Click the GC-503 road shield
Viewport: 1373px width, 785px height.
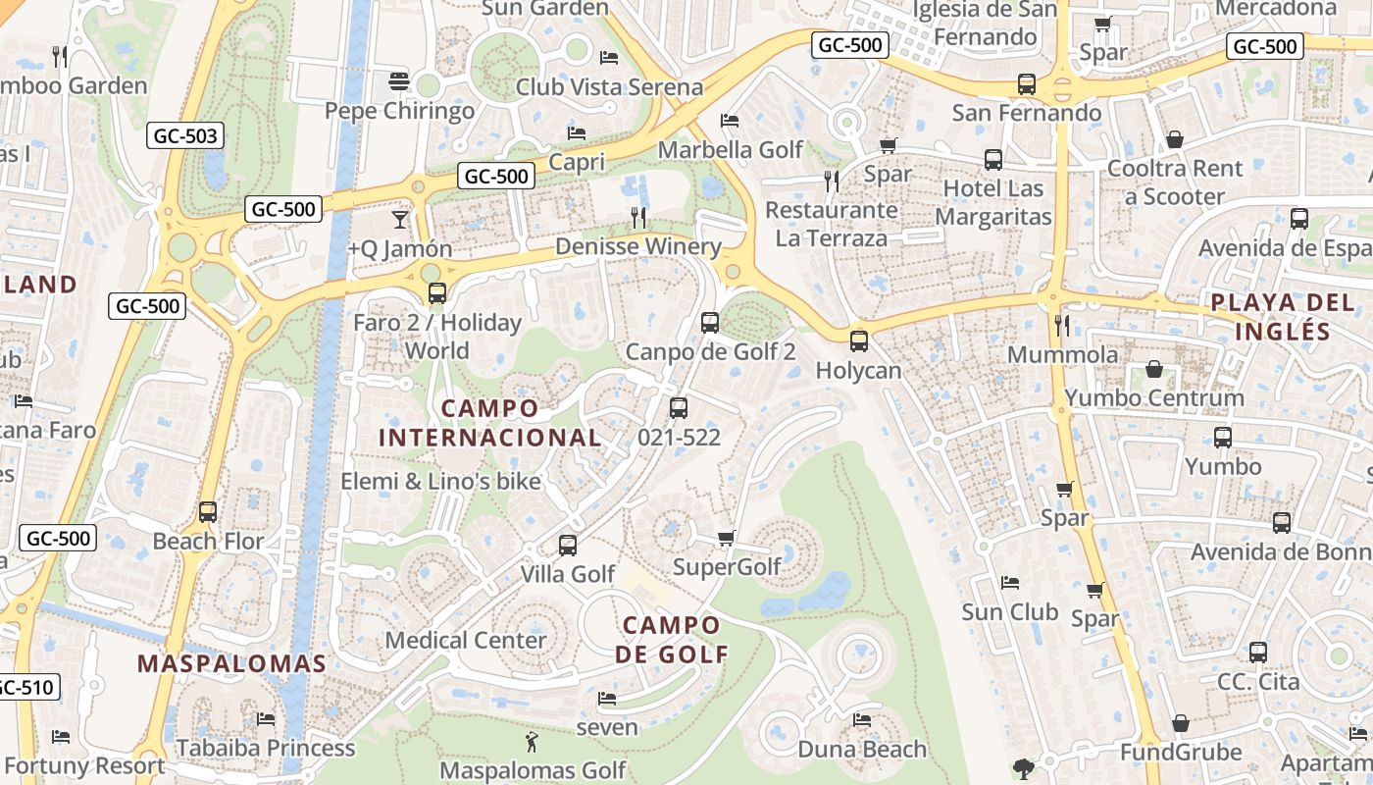[x=185, y=135]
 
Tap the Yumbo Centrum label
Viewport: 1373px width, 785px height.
[x=1154, y=397]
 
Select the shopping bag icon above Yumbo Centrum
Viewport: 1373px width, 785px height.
[x=1154, y=370]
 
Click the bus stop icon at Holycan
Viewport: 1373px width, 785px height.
[x=859, y=341]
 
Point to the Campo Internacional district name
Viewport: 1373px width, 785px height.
[x=489, y=423]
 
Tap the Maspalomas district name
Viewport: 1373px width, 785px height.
[x=231, y=663]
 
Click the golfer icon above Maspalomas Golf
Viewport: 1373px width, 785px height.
[x=532, y=742]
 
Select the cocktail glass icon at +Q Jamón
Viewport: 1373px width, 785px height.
[x=399, y=219]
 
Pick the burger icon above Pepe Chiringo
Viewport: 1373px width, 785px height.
[x=398, y=80]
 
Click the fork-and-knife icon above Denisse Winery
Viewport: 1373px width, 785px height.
[x=638, y=218]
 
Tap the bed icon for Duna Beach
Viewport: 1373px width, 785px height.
[x=862, y=720]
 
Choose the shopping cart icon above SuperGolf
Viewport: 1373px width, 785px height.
[x=726, y=538]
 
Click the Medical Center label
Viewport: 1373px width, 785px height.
[x=466, y=640]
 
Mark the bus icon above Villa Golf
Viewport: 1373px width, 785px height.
[x=567, y=546]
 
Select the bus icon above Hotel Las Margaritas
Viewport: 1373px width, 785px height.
[x=992, y=160]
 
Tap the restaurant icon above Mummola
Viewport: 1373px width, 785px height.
[x=1062, y=325]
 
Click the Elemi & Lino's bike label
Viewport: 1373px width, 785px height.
[x=440, y=481]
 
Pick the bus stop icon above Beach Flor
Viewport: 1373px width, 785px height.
[x=208, y=512]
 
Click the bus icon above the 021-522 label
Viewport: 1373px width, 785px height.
[x=679, y=408]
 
